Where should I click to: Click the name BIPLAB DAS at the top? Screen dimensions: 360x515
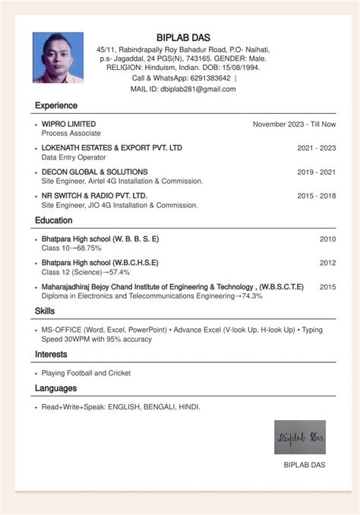[x=183, y=37]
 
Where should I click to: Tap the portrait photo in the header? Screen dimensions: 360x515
[x=58, y=57]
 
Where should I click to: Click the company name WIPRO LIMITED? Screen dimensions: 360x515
[x=68, y=124]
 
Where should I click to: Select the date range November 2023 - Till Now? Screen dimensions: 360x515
[x=294, y=124]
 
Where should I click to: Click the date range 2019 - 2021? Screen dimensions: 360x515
[x=316, y=172]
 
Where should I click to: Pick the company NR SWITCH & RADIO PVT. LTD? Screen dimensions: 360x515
[x=94, y=196]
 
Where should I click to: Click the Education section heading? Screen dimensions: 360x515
[x=53, y=220]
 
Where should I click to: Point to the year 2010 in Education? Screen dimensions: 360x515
[x=327, y=239]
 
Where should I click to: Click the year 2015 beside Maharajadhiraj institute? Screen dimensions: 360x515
[x=327, y=287]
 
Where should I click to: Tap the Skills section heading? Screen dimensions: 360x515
[x=45, y=311]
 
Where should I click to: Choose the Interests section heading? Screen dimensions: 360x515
[x=51, y=355]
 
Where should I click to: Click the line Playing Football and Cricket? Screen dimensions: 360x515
[x=86, y=373]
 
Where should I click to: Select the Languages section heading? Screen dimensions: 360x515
[x=55, y=389]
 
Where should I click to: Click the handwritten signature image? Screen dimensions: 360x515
[x=299, y=438]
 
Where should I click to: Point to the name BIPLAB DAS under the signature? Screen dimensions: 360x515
[x=304, y=465]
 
